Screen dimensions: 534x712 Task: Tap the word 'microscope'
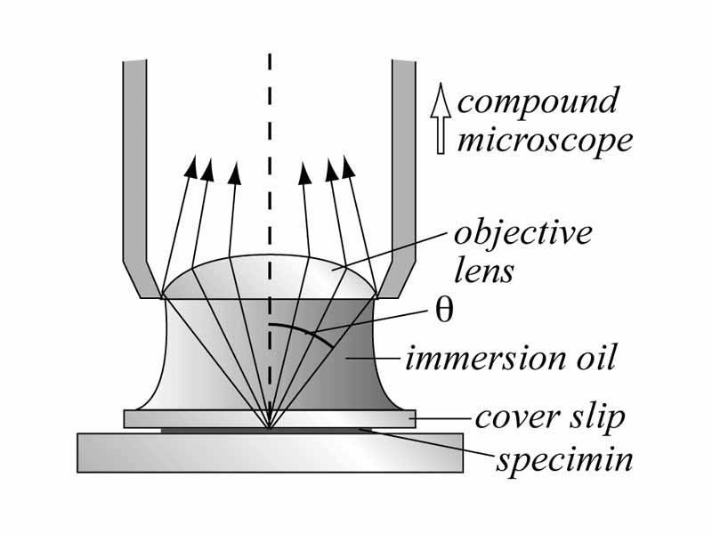tap(545, 141)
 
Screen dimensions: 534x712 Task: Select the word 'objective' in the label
tap(522, 233)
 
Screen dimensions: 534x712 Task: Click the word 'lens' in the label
tap(483, 270)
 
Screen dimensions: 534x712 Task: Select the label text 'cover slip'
tap(549, 417)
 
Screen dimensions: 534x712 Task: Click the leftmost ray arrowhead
tap(190, 166)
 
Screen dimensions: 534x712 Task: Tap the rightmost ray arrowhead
tap(348, 166)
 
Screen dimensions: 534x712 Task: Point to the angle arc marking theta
tap(294, 331)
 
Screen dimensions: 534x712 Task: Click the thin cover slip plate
tap(178, 418)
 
